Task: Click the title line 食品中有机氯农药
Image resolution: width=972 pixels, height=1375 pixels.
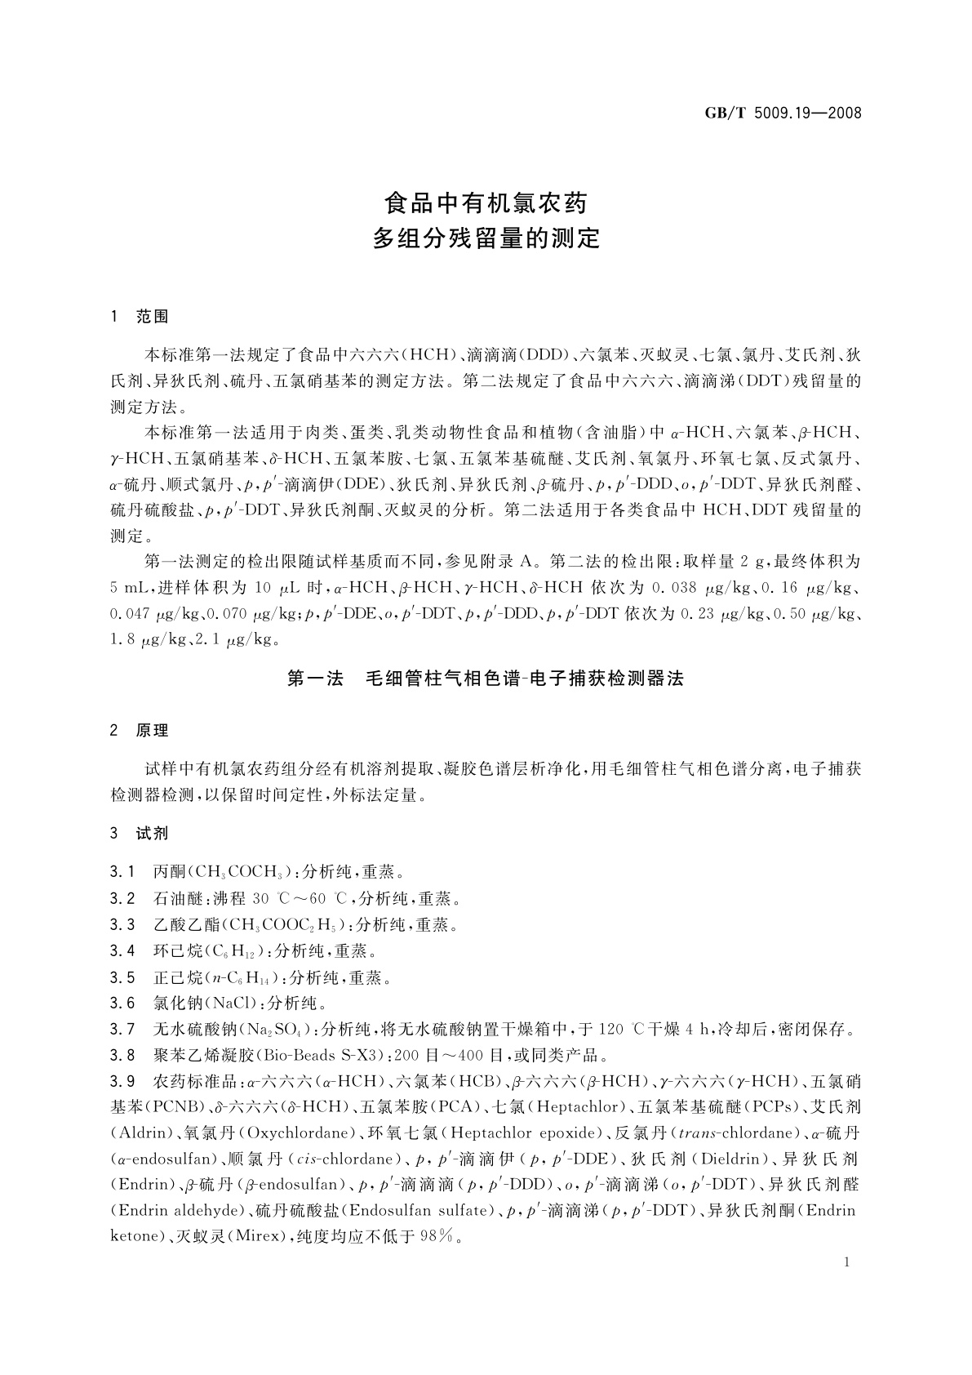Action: pos(486,202)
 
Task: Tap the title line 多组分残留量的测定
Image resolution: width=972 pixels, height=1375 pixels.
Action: pos(486,238)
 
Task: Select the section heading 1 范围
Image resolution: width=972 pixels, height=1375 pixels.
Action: pos(140,318)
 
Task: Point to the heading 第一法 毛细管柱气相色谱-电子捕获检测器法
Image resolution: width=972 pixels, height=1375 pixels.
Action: pos(486,679)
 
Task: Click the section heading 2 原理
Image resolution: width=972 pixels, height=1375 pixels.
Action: pos(140,730)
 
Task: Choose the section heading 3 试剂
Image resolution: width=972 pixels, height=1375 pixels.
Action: pos(140,834)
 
